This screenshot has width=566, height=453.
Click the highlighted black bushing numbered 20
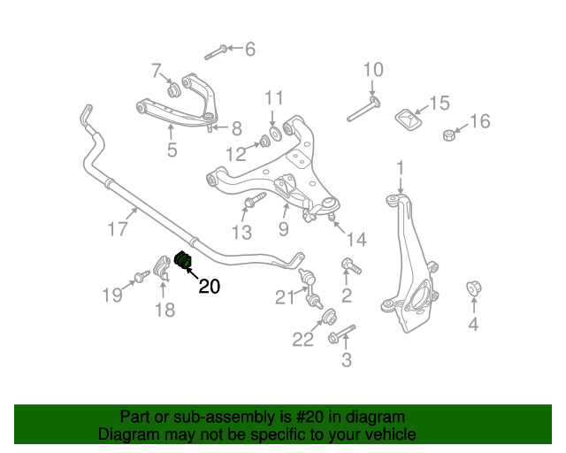tap(183, 260)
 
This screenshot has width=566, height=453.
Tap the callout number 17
tap(118, 228)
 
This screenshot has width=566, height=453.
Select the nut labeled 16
tap(448, 135)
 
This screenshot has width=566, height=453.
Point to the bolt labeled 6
tap(216, 52)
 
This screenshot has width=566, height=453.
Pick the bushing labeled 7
tap(173, 90)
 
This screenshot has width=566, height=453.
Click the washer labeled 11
tap(276, 133)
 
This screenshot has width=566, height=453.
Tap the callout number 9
tap(284, 228)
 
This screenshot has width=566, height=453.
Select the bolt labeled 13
tap(255, 200)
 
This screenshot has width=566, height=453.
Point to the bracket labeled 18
tap(162, 269)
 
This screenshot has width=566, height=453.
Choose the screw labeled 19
tap(142, 277)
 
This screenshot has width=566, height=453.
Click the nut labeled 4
tap(474, 288)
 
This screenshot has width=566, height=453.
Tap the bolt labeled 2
tap(351, 265)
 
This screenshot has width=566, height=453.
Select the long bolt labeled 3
tap(342, 334)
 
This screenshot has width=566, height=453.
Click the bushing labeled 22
tap(329, 317)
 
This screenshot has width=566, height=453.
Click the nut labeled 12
tap(264, 141)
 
